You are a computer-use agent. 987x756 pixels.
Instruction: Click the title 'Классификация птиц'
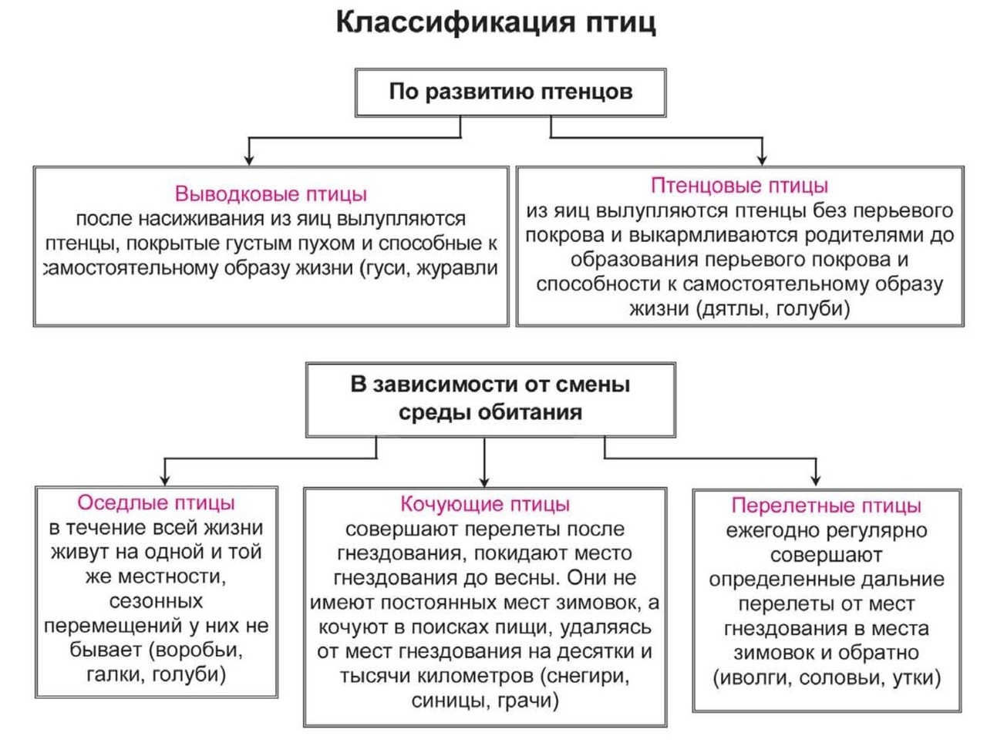point(496,22)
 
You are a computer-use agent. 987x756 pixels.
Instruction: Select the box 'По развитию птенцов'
point(510,92)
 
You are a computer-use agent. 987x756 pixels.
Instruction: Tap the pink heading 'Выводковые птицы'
point(271,193)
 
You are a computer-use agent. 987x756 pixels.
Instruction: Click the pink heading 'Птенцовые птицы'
point(739,186)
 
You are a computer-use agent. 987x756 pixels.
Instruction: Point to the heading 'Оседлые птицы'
point(156,502)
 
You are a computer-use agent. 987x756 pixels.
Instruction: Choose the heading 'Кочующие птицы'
point(485,504)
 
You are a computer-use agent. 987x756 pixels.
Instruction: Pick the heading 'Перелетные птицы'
point(826,506)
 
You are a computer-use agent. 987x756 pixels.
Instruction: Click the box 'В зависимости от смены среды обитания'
point(490,399)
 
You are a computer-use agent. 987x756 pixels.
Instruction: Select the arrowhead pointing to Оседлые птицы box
point(165,480)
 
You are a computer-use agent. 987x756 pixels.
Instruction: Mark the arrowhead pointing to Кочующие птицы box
point(484,482)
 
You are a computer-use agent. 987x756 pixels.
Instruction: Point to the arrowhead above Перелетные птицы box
point(816,480)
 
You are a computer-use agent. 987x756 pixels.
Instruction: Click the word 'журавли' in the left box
point(457,268)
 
